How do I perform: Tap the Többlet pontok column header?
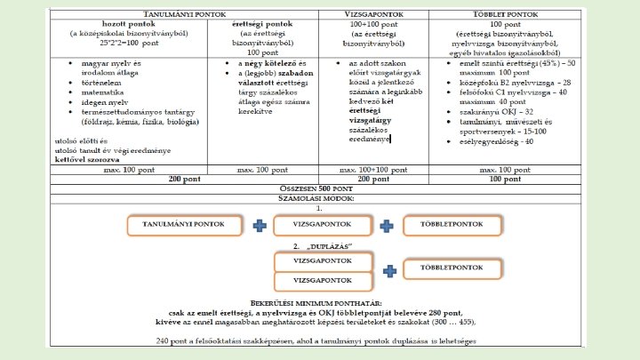click(x=505, y=15)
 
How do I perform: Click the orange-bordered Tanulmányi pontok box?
click(x=184, y=226)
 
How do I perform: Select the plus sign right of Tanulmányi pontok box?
click(x=260, y=226)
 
